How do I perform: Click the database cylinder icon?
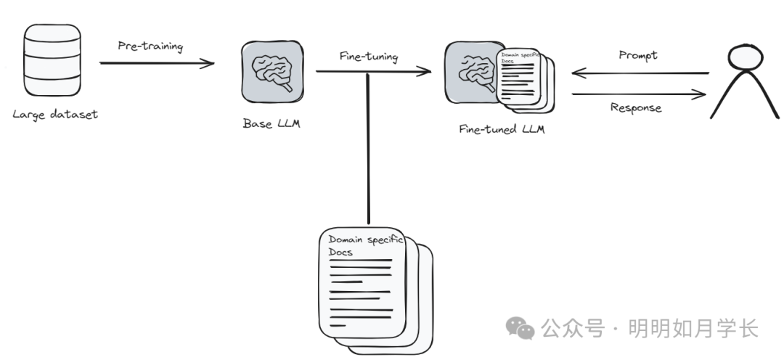pyautogui.click(x=52, y=60)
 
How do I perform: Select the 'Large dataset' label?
pyautogui.click(x=55, y=115)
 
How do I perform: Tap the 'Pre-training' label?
pyautogui.click(x=150, y=46)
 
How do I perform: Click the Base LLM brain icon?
pyautogui.click(x=272, y=72)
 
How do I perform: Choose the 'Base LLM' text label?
pyautogui.click(x=271, y=123)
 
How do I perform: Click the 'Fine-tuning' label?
pyautogui.click(x=369, y=57)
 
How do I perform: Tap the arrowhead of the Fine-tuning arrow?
pyautogui.click(x=425, y=72)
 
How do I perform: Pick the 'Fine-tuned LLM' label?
pyautogui.click(x=502, y=129)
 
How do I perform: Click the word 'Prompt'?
pyautogui.click(x=638, y=55)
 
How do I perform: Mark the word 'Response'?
pyautogui.click(x=636, y=108)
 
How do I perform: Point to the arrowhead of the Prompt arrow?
pyautogui.click(x=579, y=73)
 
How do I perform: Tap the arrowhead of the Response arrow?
pyautogui.click(x=699, y=94)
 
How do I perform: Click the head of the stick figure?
pyautogui.click(x=746, y=57)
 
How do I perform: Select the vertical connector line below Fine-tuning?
pyautogui.click(x=369, y=149)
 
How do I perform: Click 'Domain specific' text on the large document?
pyautogui.click(x=365, y=240)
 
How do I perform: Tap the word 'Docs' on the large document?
pyautogui.click(x=340, y=252)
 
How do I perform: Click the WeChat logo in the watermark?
pyautogui.click(x=520, y=329)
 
